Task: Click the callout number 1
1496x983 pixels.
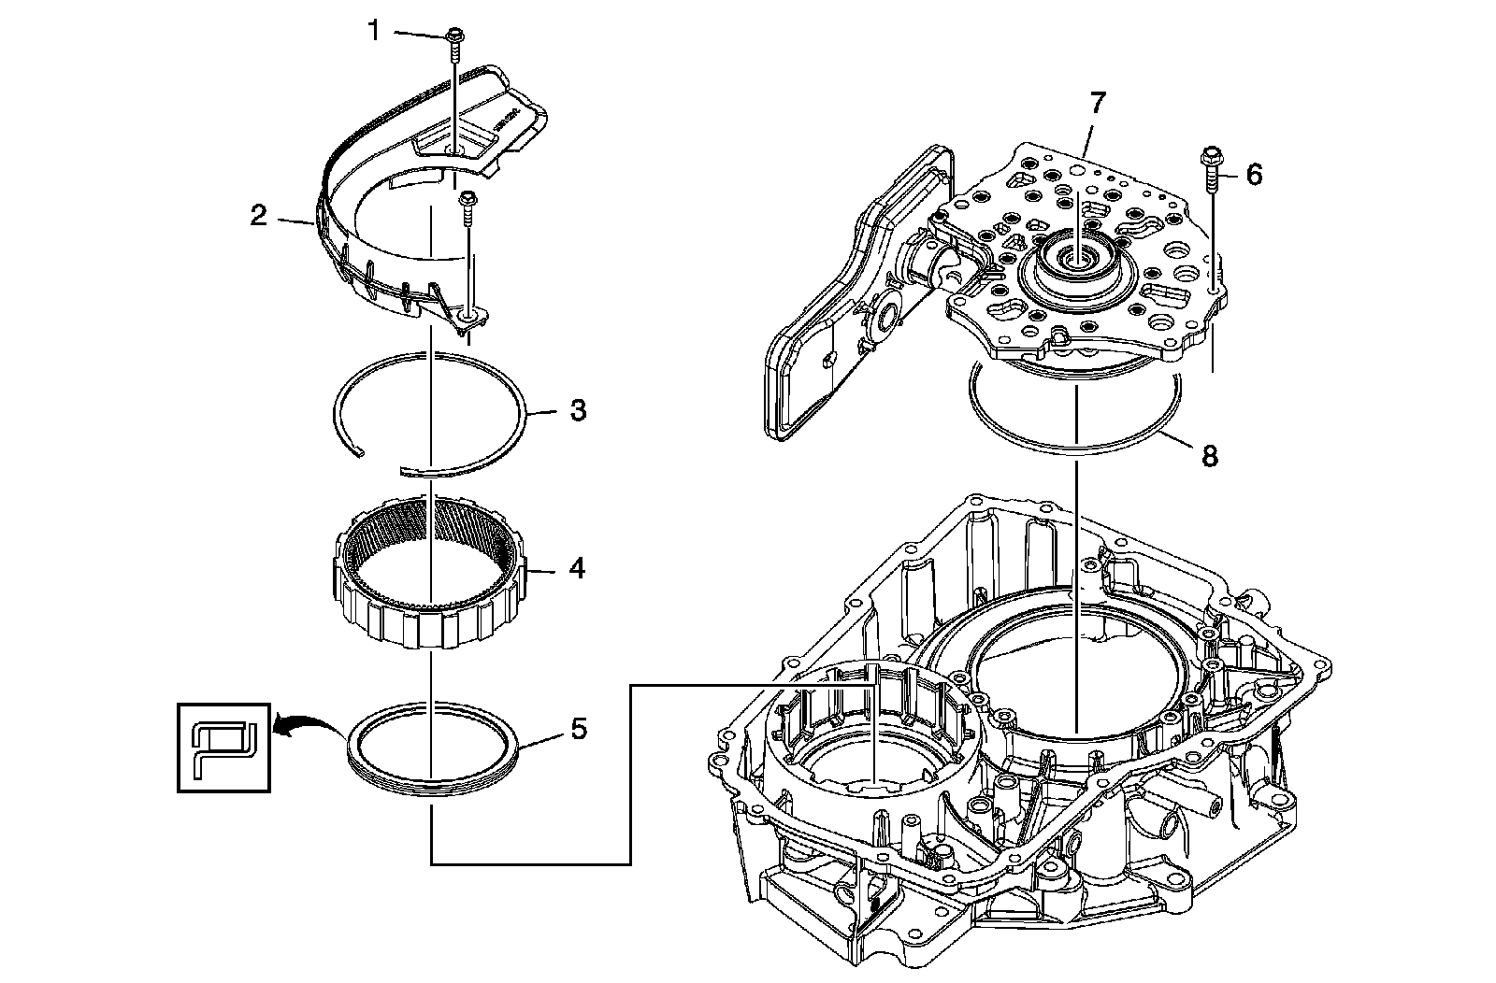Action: (x=374, y=31)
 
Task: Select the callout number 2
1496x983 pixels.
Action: (x=258, y=216)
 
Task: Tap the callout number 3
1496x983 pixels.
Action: (x=579, y=410)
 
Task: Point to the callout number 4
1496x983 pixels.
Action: (x=577, y=568)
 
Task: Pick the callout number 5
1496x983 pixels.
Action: (x=579, y=729)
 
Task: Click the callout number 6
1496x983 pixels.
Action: (x=1254, y=175)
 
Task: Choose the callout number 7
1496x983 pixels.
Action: (x=1098, y=104)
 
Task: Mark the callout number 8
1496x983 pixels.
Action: (x=1210, y=457)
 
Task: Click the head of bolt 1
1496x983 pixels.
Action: (x=454, y=34)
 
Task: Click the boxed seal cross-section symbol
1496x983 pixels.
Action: (x=223, y=748)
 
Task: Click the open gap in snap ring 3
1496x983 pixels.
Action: (x=381, y=463)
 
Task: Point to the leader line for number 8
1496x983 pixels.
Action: (x=1174, y=440)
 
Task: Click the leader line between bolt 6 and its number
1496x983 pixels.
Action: (x=1230, y=176)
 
